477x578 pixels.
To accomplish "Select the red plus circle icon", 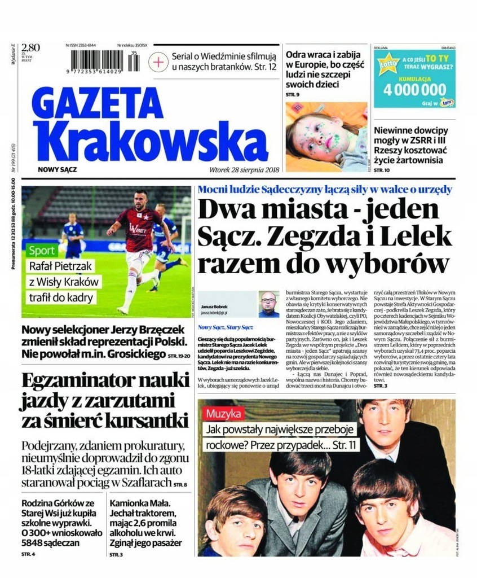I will point(160,61).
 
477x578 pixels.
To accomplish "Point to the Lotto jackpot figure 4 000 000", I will point(413,89).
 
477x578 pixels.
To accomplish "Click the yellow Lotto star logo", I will point(390,67).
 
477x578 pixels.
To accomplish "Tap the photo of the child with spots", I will point(325,137).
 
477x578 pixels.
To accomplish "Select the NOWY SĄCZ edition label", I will point(58,169).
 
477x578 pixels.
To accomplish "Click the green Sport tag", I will point(43,251).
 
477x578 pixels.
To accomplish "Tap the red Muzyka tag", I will point(224,413).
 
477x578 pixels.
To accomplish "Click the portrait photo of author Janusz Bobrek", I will point(268,305).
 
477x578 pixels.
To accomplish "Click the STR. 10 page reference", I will point(382,170).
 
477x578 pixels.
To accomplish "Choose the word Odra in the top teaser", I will point(298,55).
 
